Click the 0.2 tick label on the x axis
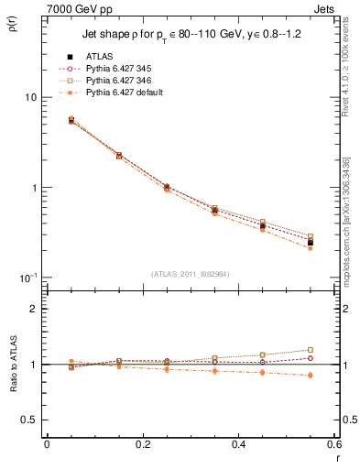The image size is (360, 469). click(142, 445)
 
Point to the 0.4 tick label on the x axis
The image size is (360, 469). click(238, 445)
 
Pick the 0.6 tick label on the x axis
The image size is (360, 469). click(334, 445)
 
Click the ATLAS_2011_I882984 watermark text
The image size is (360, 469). click(191, 273)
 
